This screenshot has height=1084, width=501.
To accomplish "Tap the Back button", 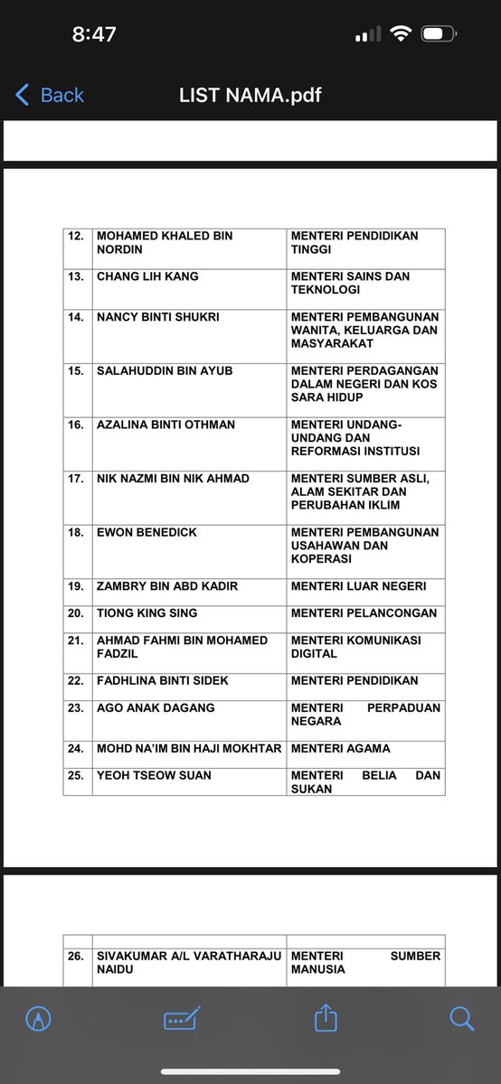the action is coord(50,95).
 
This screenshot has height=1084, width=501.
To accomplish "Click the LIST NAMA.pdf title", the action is coord(250,95).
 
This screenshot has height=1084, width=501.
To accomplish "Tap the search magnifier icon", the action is coord(461,1019).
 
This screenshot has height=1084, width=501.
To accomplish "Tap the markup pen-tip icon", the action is coord(39,1019).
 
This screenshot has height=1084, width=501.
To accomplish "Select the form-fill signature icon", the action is coord(182,1019).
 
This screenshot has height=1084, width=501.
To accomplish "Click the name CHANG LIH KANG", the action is coord(147,276).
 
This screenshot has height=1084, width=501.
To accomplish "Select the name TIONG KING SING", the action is coord(147,613).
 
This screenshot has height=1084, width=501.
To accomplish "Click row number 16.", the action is coord(76,425).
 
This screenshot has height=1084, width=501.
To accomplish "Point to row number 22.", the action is coord(76,681).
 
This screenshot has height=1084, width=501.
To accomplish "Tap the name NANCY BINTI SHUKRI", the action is coord(158,317).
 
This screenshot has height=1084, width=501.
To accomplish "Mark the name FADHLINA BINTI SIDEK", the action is coord(163,681).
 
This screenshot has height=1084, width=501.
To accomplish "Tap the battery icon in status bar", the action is coord(437,34).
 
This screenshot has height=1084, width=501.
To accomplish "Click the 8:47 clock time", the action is coord(94,34).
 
